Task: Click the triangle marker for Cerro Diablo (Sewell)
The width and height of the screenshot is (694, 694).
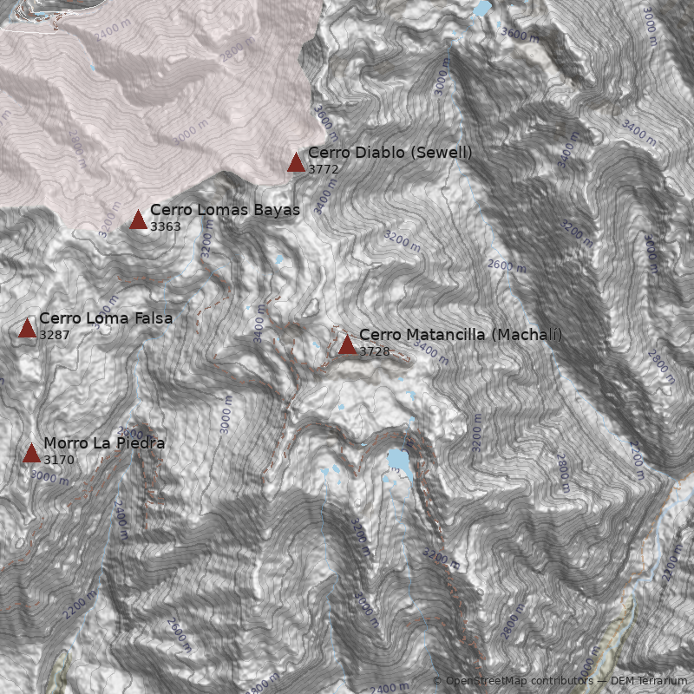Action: (x=296, y=162)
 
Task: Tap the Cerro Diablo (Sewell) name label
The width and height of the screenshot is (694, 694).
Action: (x=390, y=153)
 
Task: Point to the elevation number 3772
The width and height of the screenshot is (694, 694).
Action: (x=324, y=169)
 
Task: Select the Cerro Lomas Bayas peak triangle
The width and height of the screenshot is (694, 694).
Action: (x=138, y=219)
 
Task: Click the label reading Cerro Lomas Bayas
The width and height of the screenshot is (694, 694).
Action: (x=225, y=210)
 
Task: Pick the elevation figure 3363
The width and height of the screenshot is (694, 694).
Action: (x=166, y=226)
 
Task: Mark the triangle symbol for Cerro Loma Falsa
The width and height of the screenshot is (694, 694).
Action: (x=27, y=328)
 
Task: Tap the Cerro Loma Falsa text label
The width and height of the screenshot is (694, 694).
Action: (x=106, y=318)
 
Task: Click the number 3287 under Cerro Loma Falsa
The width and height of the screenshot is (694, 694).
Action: (x=55, y=335)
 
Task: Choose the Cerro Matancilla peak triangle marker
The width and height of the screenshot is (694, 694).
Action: (x=347, y=344)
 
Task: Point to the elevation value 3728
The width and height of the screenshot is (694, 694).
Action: (x=375, y=351)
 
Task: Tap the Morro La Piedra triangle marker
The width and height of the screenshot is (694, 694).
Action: (x=31, y=453)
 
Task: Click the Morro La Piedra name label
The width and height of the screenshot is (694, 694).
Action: (x=104, y=443)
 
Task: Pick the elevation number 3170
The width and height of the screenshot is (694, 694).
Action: (x=59, y=460)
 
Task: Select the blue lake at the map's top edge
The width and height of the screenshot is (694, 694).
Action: (x=481, y=9)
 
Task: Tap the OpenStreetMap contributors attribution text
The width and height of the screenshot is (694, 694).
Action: (x=518, y=681)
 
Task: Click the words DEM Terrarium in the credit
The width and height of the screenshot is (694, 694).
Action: (x=649, y=681)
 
